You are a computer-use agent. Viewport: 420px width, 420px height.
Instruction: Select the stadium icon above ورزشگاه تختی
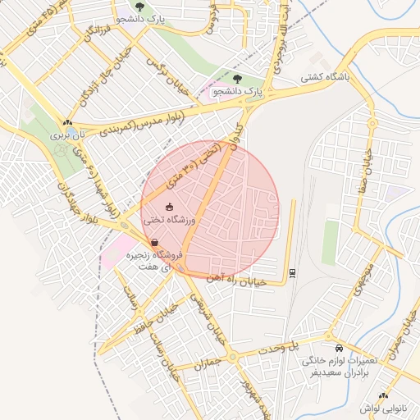tap(170, 207)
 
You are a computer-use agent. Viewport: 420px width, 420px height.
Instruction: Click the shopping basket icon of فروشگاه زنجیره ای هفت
tap(155, 242)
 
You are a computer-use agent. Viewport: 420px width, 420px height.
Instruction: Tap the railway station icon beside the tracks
tap(292, 272)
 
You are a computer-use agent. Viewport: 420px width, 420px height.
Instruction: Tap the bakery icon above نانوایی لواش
tap(382, 395)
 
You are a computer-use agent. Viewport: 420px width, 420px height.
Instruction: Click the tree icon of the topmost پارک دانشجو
tap(139, 7)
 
